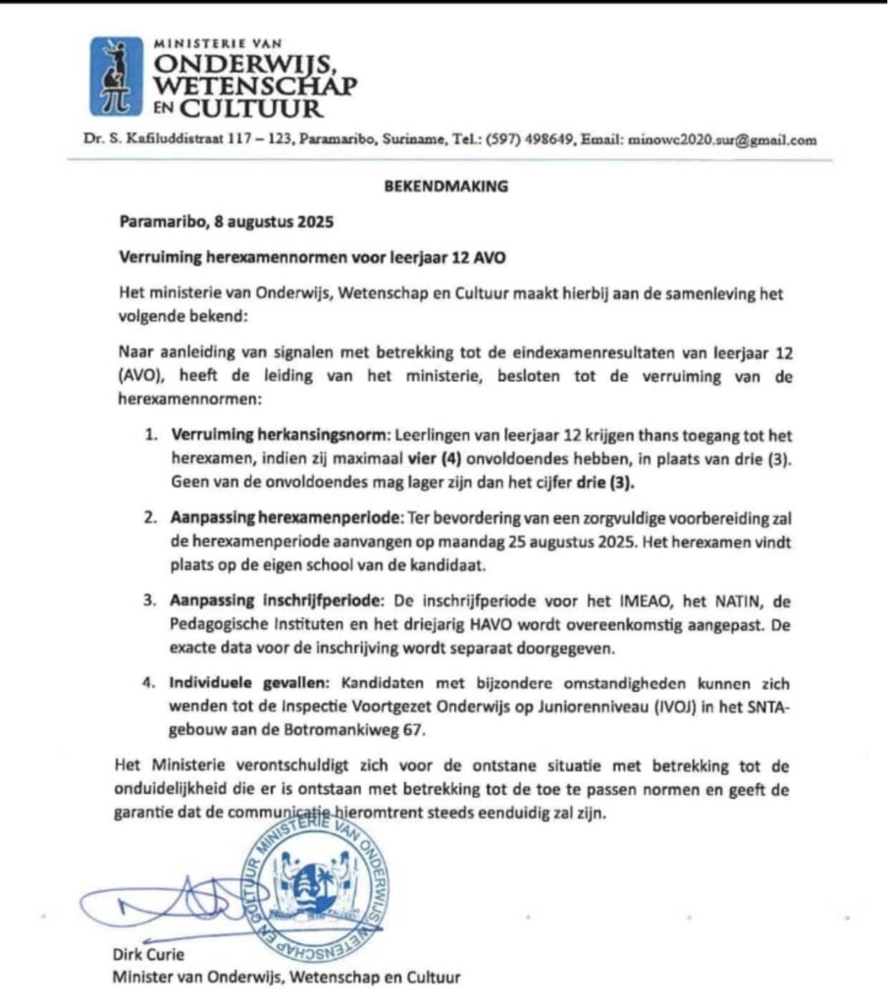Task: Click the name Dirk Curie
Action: tap(148, 955)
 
